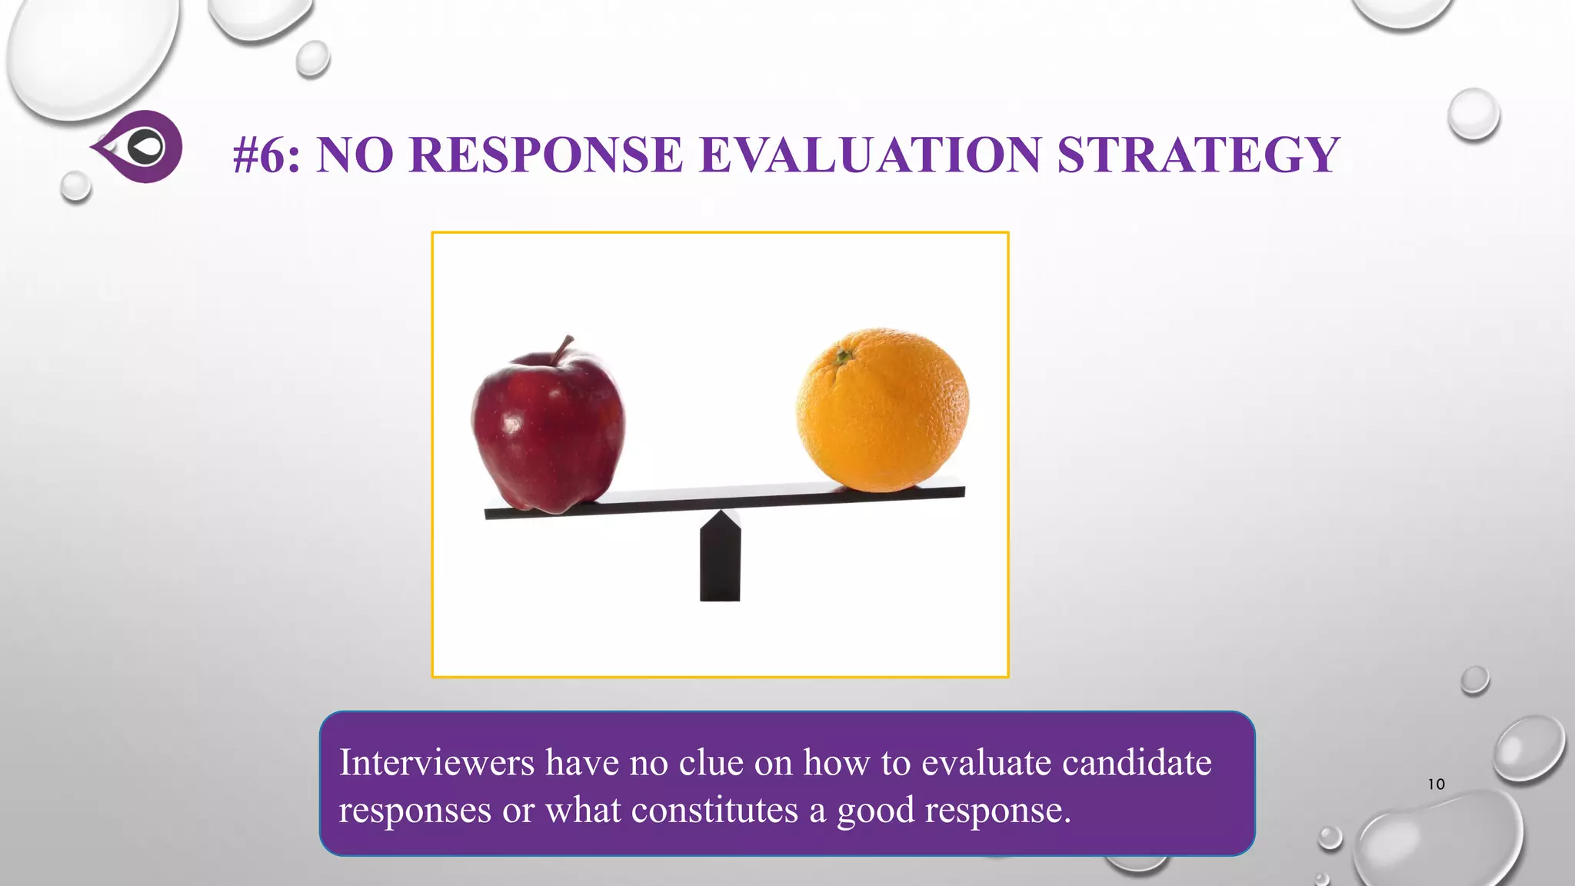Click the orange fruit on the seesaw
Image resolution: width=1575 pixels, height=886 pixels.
tap(882, 410)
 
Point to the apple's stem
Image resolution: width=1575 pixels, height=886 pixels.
tap(564, 348)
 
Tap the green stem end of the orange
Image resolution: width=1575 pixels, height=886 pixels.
tap(844, 356)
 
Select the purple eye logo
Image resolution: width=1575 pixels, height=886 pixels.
tap(139, 146)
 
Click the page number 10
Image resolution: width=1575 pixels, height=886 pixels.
tap(1436, 784)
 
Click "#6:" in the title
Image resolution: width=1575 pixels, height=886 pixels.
tap(266, 155)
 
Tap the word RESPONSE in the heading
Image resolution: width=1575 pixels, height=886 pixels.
tap(546, 155)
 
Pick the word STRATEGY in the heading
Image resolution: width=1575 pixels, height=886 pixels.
tap(1198, 155)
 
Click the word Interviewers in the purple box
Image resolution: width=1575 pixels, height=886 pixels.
tap(437, 763)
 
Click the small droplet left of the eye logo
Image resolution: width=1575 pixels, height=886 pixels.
tap(75, 186)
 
